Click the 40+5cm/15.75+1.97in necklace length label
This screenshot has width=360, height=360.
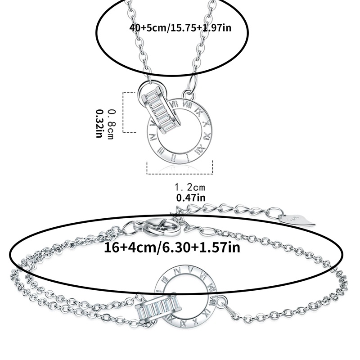(x=180, y=28)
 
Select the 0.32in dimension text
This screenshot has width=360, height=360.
(x=99, y=123)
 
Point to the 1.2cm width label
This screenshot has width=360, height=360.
(x=190, y=187)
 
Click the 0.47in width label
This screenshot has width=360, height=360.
(x=191, y=198)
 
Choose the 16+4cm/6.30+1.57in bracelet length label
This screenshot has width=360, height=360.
(x=172, y=248)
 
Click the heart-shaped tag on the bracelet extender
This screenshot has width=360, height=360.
(x=298, y=220)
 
